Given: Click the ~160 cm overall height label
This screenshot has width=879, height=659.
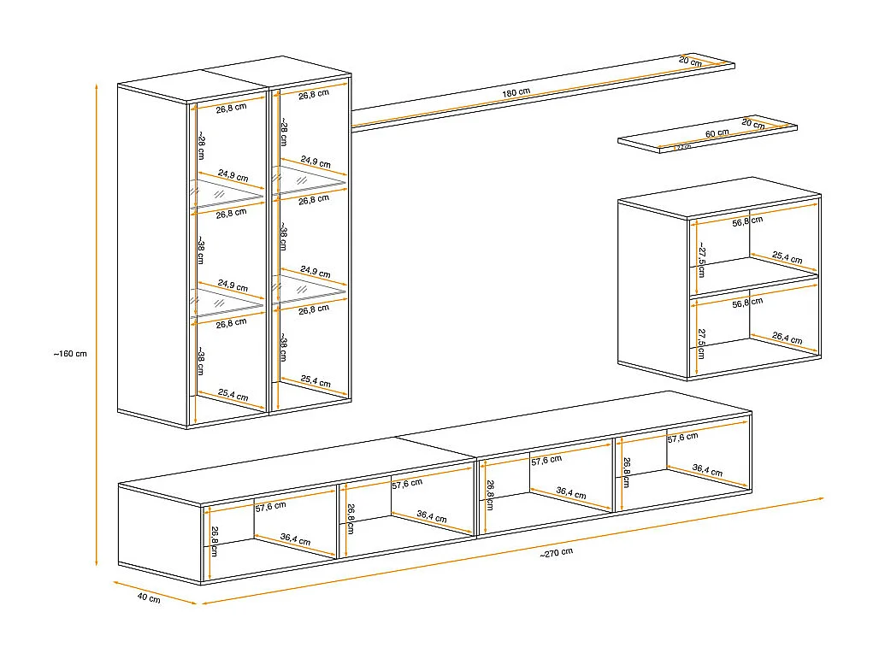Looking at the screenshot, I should tap(70, 353).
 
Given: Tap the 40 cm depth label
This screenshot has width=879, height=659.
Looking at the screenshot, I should tap(148, 598).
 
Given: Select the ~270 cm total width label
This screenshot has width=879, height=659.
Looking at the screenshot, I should tap(557, 553).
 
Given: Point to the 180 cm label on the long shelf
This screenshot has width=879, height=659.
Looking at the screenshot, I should tap(516, 92).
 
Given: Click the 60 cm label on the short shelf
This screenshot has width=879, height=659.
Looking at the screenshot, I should tap(717, 132).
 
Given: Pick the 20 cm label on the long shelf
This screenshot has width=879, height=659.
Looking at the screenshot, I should tap(690, 62).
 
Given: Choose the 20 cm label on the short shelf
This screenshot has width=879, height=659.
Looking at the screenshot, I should tap(753, 124).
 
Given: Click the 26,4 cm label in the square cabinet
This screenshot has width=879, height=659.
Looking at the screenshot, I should tap(787, 339).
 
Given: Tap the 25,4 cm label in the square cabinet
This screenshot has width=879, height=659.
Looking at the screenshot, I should tap(787, 256).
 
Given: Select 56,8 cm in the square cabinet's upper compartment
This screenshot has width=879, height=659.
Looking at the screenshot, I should tap(747, 221).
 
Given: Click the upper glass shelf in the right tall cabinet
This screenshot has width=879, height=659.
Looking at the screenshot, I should tap(310, 180).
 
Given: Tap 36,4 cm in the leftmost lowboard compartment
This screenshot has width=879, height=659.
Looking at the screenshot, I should tap(294, 540).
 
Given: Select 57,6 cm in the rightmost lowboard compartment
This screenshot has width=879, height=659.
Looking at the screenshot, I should tap(682, 437).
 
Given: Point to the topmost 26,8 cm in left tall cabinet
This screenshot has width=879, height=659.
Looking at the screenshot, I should tap(231, 109).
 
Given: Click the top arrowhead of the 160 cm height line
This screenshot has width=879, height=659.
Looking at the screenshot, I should tap(97, 85).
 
